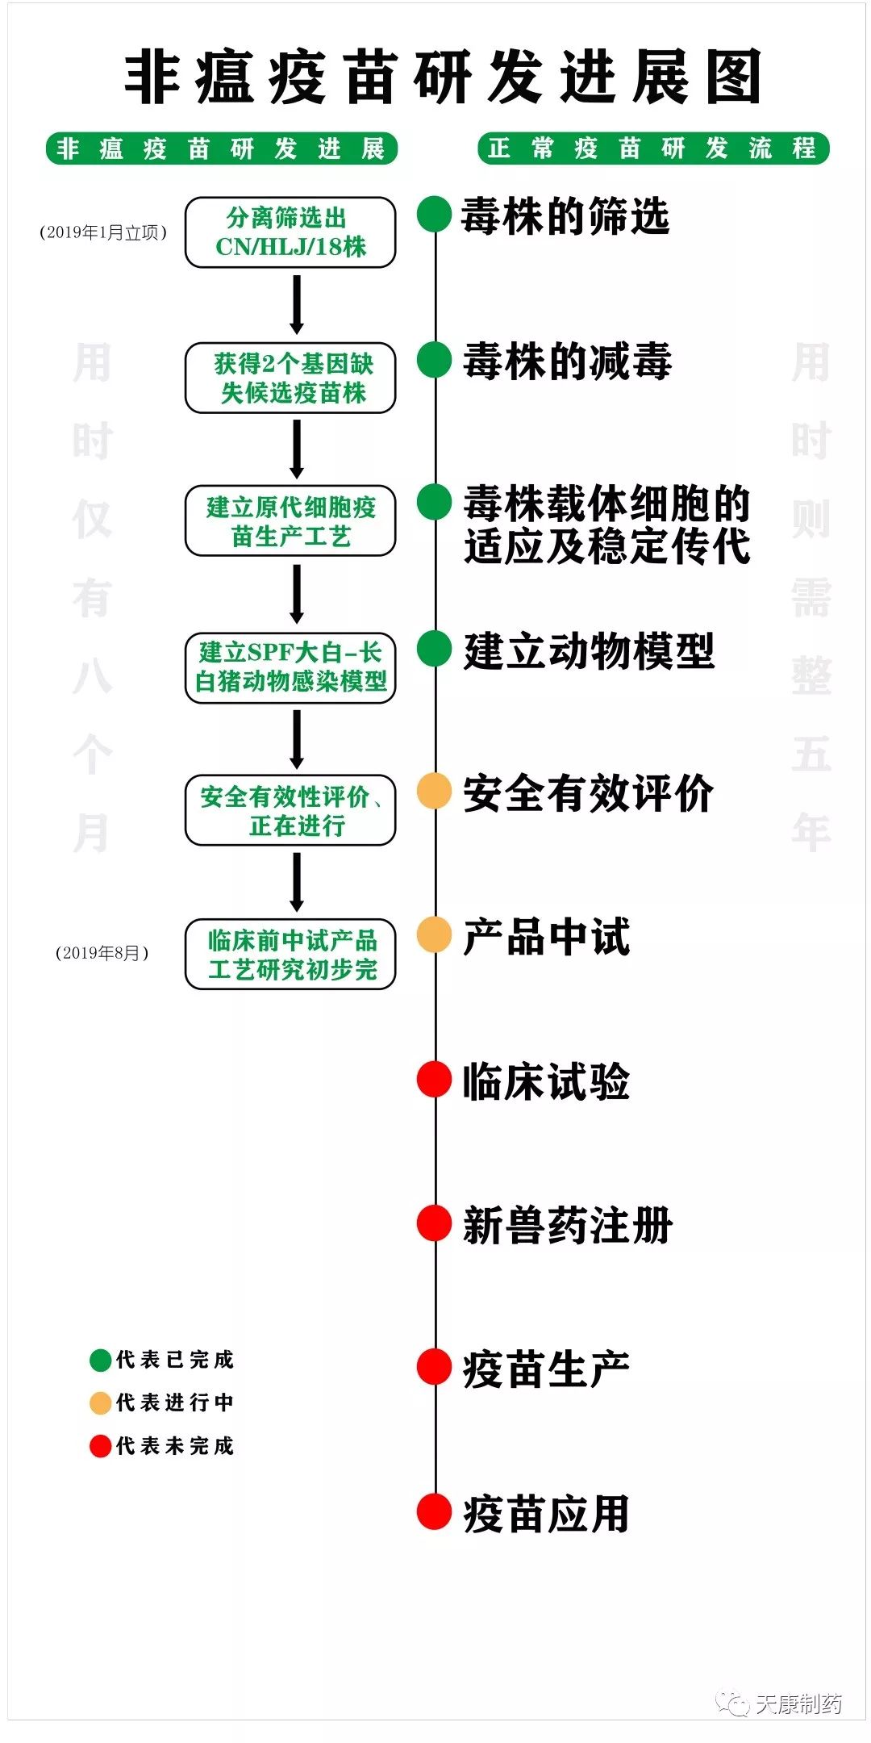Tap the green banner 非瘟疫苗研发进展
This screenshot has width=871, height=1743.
pos(222,148)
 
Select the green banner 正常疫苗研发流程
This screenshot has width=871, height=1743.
pos(653,148)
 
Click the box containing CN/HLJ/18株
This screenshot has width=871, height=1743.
pos(290,232)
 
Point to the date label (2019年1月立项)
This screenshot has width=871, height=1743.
pos(103,232)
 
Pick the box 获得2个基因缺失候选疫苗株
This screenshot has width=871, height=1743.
pos(290,378)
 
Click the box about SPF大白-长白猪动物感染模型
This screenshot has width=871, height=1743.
pos(290,667)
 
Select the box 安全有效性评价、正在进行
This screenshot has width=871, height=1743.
pos(290,810)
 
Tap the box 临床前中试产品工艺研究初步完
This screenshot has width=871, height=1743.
pos(290,954)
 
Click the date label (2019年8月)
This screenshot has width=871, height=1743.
pos(102,953)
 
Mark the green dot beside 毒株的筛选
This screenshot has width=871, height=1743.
pos(434,215)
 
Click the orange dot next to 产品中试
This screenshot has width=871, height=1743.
pos(434,934)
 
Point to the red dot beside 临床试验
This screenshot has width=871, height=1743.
pos(434,1079)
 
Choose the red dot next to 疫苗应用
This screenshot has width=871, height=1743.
pos(434,1511)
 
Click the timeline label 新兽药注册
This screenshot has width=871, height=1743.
pos(568,1225)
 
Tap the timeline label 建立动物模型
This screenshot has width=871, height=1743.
pos(589,651)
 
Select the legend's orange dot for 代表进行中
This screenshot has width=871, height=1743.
pos(100,1403)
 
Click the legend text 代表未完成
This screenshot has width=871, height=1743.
pos(175,1445)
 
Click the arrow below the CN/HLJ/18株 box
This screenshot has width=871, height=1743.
pos(297,304)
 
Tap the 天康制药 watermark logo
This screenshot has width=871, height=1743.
pos(780,1703)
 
